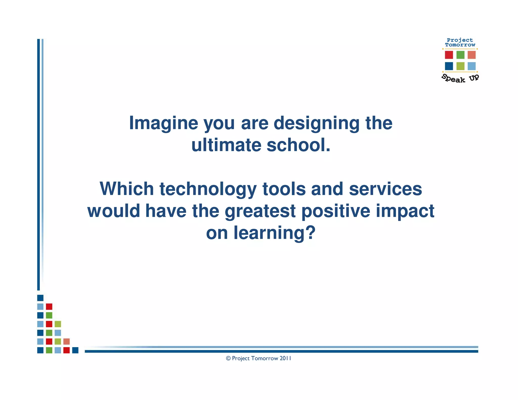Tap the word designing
[316, 123]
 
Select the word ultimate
[226, 145]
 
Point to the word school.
[298, 145]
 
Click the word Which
[127, 189]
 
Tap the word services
[385, 189]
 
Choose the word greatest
[260, 211]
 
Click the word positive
[336, 211]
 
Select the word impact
[405, 211]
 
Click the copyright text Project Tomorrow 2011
[258, 358]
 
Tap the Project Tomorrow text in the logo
[460, 42]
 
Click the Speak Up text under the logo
[460, 78]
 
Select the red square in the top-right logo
[449, 55]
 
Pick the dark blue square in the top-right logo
[449, 66]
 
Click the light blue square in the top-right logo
[471, 66]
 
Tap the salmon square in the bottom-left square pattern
[67, 341]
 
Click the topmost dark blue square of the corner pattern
[40, 298]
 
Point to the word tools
[284, 189]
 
